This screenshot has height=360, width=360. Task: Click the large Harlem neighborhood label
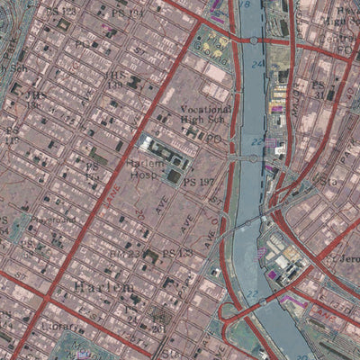[x=100, y=286]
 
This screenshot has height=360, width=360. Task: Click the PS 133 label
[x=178, y=253]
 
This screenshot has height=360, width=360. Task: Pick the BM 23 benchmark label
[x=125, y=255]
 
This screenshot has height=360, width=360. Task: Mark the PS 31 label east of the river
[x=317, y=89]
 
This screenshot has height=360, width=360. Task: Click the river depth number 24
[x=257, y=65]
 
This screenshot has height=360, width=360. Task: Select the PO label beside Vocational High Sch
[x=213, y=139]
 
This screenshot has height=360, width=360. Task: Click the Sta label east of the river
[x=326, y=181]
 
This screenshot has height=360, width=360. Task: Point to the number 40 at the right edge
[x=352, y=94]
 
